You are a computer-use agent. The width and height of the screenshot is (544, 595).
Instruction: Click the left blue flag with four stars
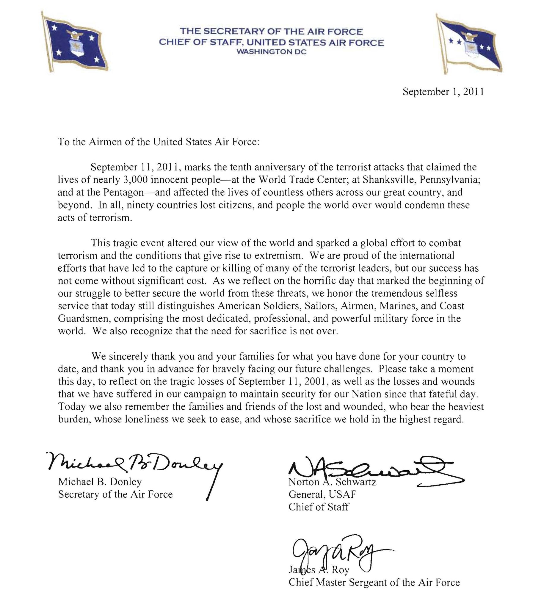coord(76,43)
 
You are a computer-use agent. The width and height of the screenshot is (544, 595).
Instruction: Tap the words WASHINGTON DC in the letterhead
coord(271,52)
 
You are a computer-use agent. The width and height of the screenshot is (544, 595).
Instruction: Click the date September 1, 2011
coord(443,92)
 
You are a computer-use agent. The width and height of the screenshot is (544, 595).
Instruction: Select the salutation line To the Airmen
coord(159,142)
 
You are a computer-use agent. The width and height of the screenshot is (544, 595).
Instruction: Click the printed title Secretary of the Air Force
coord(115,494)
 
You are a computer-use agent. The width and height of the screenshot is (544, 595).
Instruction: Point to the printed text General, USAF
coord(322,494)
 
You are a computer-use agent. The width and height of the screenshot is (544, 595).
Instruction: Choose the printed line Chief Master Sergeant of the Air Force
coord(374,582)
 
